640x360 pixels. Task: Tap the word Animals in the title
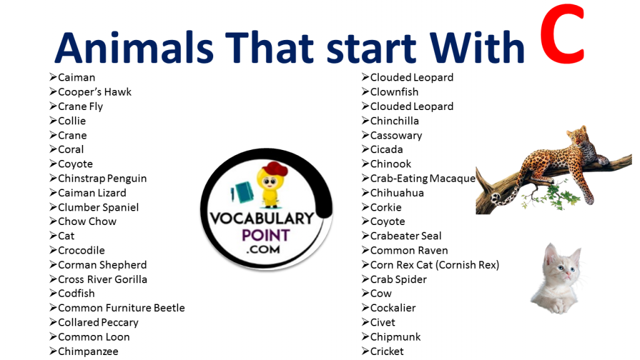134,47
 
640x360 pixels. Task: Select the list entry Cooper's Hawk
95,92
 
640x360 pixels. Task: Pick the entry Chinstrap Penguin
102,178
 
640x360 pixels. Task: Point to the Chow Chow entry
87,221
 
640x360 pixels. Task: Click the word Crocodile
81,250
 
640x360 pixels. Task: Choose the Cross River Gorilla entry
102,279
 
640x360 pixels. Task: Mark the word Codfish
76,294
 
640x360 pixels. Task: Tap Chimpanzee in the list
88,351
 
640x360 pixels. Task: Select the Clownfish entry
394,92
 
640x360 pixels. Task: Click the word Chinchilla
394,121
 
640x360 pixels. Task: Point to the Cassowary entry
396,136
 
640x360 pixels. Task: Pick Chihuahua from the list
397,192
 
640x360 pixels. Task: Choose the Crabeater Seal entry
406,236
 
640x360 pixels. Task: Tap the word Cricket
386,351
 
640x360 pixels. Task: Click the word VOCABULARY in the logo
262,218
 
